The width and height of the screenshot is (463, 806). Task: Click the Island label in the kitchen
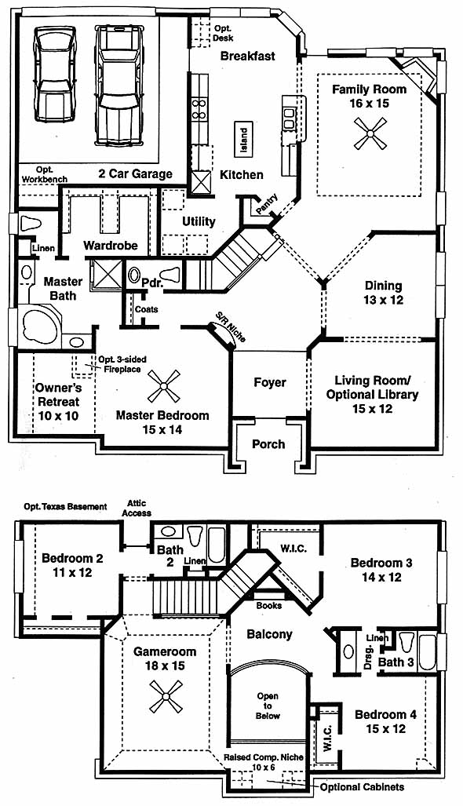(x=244, y=140)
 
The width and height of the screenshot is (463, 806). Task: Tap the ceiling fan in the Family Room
(x=370, y=133)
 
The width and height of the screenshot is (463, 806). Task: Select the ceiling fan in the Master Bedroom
(x=164, y=386)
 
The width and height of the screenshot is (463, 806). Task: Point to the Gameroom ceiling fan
(x=166, y=696)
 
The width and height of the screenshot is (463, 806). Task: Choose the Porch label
(x=268, y=443)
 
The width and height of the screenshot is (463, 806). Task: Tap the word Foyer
(x=270, y=382)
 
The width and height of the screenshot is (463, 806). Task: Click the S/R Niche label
(x=230, y=327)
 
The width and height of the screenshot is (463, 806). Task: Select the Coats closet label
(x=146, y=309)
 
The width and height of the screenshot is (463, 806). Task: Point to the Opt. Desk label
(x=224, y=34)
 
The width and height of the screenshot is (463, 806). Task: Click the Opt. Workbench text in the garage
(x=45, y=174)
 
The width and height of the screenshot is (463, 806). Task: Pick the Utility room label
(x=199, y=221)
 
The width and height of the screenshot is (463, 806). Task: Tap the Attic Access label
(x=137, y=508)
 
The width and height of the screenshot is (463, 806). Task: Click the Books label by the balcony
(x=268, y=606)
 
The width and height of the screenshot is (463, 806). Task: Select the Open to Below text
(x=268, y=706)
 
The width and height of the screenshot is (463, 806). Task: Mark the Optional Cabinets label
(x=362, y=787)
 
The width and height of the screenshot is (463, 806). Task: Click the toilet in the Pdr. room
(x=169, y=275)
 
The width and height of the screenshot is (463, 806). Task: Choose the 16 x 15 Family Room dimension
(x=369, y=104)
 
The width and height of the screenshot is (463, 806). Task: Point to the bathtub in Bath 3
(x=427, y=652)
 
